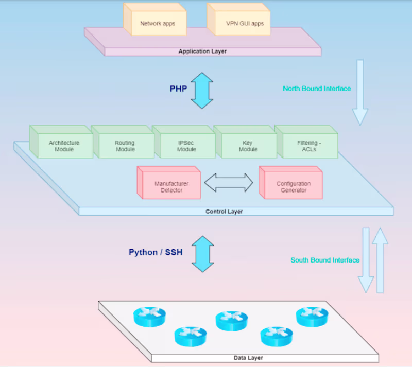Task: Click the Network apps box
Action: [158, 23]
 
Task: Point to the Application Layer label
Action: [202, 51]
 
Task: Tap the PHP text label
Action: [178, 89]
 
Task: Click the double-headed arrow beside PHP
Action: [202, 90]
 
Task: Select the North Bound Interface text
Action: [317, 89]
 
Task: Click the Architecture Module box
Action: [64, 146]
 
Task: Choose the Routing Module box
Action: [125, 146]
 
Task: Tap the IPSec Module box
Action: [186, 146]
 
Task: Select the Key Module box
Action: [247, 146]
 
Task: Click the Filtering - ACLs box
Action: [310, 146]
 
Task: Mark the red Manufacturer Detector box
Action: [171, 187]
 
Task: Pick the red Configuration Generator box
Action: [294, 187]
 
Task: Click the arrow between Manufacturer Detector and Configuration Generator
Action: [229, 182]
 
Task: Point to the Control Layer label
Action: [224, 212]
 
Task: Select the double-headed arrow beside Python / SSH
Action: [202, 254]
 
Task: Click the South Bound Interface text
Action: [325, 260]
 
